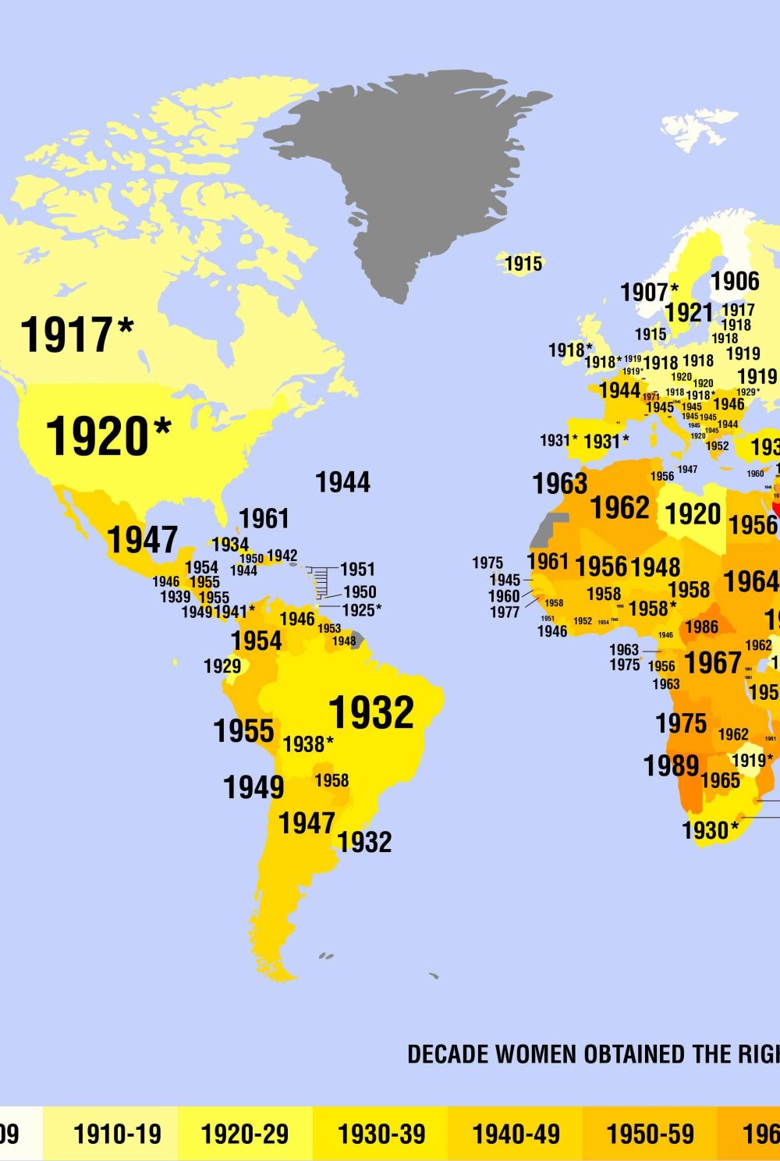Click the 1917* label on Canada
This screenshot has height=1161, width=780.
76,335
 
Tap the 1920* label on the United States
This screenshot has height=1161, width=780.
108,436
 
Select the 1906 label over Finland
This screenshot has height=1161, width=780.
735,281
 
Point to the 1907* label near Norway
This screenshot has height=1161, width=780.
649,293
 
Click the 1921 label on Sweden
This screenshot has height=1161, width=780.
689,313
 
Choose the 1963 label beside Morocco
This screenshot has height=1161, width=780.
559,484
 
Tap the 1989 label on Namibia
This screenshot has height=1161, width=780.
671,765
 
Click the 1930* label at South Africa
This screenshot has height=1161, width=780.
710,830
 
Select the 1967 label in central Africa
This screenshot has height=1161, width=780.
712,663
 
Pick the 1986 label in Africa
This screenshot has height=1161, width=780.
701,627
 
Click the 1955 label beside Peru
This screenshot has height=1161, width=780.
243,731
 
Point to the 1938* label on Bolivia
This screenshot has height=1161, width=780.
308,744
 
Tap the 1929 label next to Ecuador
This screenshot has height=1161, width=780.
222,666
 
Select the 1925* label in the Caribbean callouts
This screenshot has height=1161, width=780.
362,609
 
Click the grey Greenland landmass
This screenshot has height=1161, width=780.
406,172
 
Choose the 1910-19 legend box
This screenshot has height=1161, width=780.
117,1134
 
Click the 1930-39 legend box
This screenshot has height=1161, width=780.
381,1134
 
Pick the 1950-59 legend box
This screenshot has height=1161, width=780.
650,1134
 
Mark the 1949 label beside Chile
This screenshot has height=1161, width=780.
253,787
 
